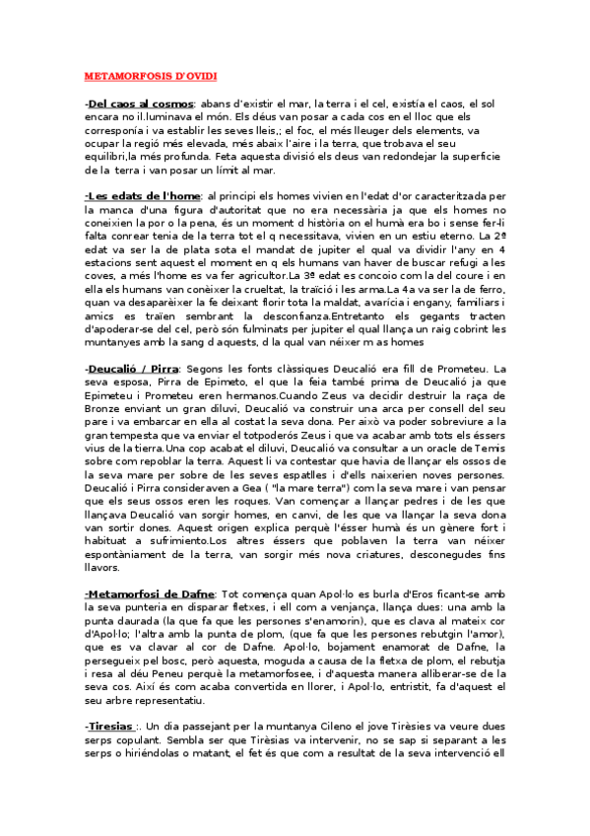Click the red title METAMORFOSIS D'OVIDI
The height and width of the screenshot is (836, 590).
[151, 75]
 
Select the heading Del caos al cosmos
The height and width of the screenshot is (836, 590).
[139, 103]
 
